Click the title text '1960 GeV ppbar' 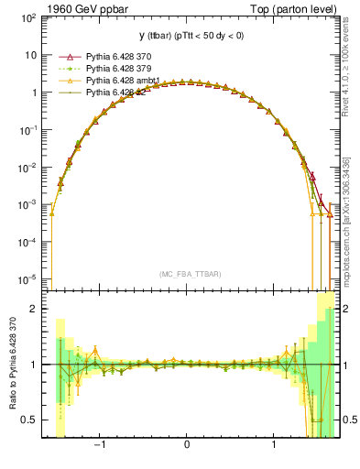pos(82,8)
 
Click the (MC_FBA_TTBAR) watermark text pos(187,275)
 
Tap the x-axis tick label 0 pos(187,446)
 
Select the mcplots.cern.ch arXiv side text pos(346,220)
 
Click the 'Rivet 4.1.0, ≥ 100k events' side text pos(346,82)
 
